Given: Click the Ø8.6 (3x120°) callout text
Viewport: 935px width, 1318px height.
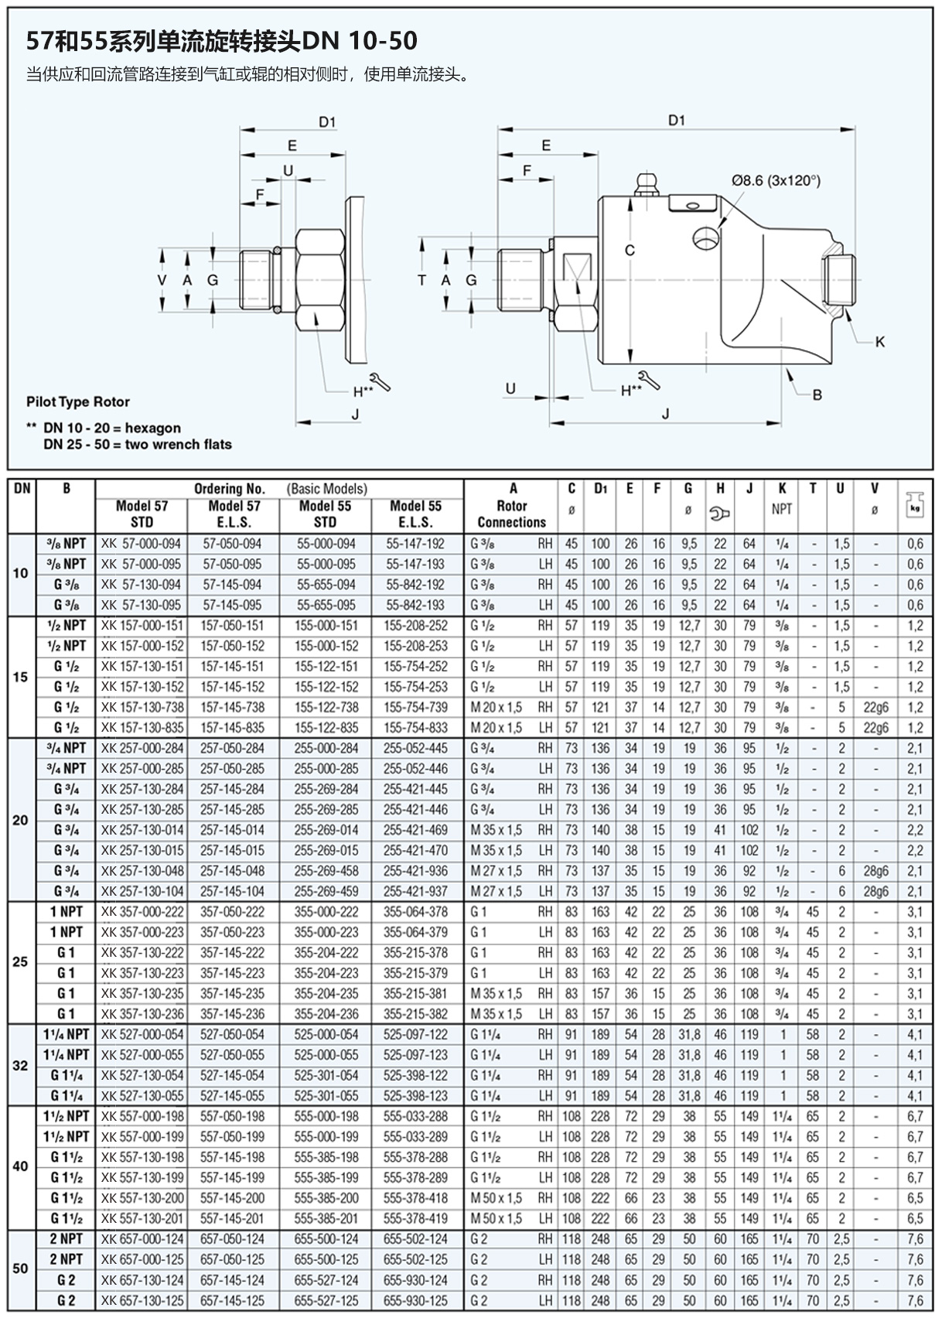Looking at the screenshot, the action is (x=776, y=181).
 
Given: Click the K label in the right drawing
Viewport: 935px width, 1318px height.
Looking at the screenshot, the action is (x=879, y=342).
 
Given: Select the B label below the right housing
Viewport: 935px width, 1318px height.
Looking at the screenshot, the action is (x=817, y=394).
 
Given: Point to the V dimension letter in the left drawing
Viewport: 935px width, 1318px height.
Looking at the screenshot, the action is (x=162, y=280).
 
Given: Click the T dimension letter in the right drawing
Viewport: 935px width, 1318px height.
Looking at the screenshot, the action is (x=421, y=280).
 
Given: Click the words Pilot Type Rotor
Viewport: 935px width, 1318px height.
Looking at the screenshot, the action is (x=77, y=402).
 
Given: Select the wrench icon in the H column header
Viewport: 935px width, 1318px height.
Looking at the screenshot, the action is (x=720, y=514).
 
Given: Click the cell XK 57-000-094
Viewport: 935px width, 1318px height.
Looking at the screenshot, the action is (x=141, y=544).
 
